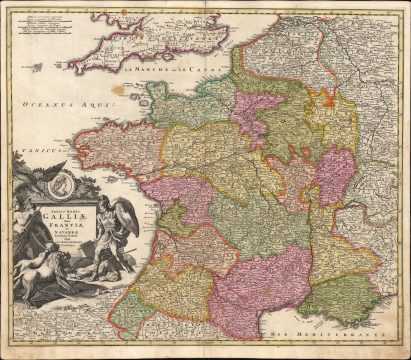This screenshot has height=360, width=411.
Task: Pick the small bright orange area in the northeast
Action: click(328, 97)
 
